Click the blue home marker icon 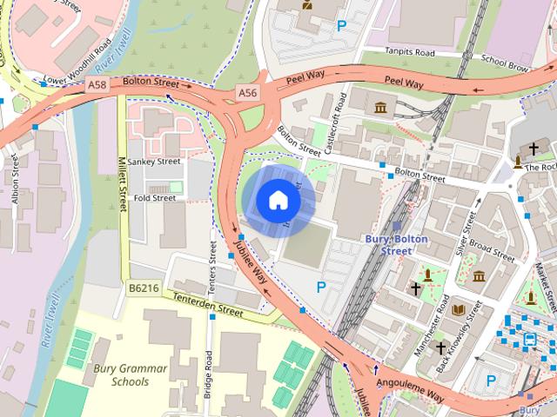coord(278,201)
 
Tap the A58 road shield coord(97,84)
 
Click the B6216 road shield coord(144,287)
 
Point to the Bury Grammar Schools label coord(129,374)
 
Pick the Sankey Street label coord(153,161)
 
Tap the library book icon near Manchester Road coord(459,308)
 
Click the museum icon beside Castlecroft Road coord(380,107)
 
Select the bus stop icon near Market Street coord(529,340)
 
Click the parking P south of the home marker coord(321,287)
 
